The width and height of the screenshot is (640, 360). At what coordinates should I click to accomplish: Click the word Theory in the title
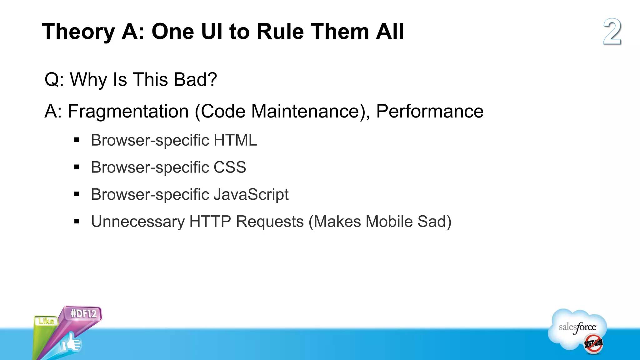[x=78, y=32]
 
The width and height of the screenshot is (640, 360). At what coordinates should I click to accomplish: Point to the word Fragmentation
[x=128, y=111]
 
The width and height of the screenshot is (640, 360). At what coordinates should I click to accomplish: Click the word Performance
[x=430, y=111]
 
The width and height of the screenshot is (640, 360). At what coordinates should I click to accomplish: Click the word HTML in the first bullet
[x=235, y=140]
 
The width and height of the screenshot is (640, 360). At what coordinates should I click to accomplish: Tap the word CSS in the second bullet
[x=230, y=167]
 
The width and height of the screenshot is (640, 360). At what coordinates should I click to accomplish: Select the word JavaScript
[x=251, y=194]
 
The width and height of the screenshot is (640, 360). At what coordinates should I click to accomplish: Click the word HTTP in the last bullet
[x=210, y=222]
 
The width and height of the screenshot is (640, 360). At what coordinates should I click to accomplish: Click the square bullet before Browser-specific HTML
[x=77, y=140]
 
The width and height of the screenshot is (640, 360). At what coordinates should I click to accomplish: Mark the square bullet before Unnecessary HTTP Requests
[x=77, y=222]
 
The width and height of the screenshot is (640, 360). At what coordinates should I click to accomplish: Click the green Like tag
[x=46, y=321]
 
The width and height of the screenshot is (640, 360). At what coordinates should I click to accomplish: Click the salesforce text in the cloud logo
[x=577, y=327]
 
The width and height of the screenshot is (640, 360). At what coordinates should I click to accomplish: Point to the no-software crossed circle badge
[x=593, y=344]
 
